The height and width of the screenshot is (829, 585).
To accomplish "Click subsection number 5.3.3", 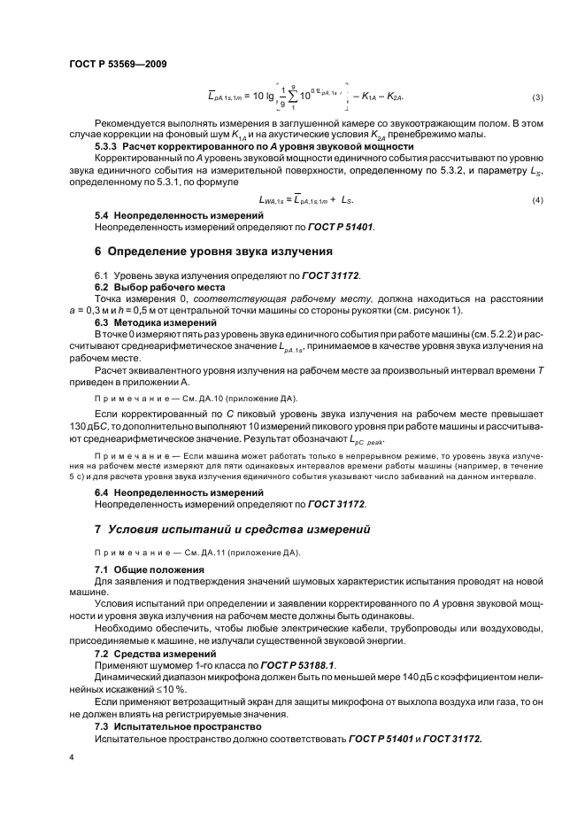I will pos(107,145).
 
